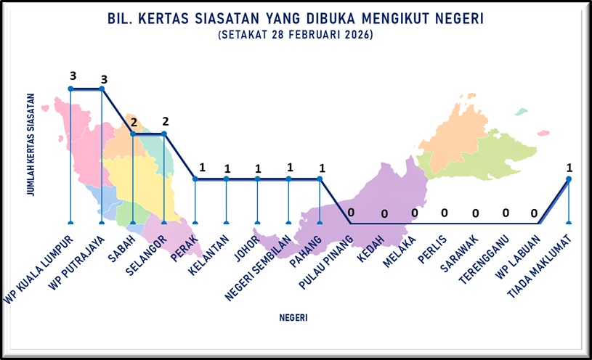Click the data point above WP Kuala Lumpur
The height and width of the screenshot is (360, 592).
(70, 89)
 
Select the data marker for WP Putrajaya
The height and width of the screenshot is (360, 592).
(102, 89)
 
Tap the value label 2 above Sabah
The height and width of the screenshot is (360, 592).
(134, 122)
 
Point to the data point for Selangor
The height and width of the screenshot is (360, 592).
(164, 134)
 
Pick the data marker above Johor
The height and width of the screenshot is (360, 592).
(257, 179)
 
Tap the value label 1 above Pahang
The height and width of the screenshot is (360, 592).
(322, 167)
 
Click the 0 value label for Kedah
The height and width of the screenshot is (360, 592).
(384, 214)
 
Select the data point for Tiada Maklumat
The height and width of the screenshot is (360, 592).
(569, 179)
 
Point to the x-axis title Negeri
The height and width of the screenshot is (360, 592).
(293, 318)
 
